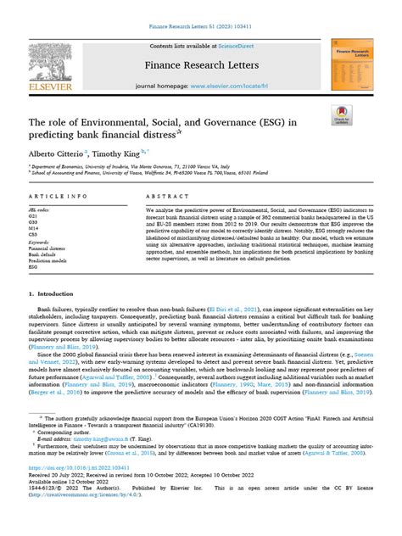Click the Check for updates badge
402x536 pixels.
(x=343, y=114)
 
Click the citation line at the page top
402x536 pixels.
(x=201, y=28)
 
